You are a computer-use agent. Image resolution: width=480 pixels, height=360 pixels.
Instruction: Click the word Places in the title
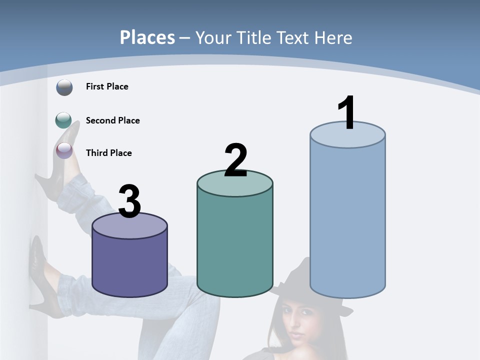(x=147, y=37)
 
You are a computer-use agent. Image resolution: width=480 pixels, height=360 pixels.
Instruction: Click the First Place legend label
(x=107, y=86)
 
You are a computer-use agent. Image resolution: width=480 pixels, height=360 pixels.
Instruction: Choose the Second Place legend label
(x=112, y=120)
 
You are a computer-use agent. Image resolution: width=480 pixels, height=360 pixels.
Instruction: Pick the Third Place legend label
(x=108, y=153)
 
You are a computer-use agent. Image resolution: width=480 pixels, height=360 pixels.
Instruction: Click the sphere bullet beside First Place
(x=64, y=87)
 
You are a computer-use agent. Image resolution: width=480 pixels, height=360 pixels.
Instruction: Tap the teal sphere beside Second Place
(x=63, y=120)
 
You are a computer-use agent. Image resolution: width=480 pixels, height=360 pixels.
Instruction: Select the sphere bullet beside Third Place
(x=64, y=150)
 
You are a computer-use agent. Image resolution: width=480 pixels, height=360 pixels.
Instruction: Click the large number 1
(x=346, y=113)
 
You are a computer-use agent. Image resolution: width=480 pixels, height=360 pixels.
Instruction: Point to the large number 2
(x=235, y=161)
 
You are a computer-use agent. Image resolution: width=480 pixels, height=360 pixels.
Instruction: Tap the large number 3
(x=129, y=202)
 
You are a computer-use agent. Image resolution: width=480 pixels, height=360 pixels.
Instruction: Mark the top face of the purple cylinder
(x=129, y=226)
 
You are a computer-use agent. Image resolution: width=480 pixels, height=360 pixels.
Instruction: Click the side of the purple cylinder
(x=129, y=265)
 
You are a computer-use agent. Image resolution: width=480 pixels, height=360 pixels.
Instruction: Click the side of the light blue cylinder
(x=347, y=220)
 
